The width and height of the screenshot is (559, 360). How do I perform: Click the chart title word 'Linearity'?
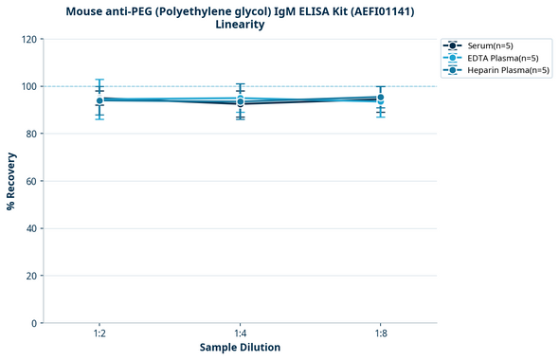(x=240, y=25)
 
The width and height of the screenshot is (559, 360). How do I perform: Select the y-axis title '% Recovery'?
(x=11, y=180)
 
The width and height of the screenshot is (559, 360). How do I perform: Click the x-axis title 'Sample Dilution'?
(x=240, y=348)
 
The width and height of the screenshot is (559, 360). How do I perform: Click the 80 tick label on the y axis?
(x=32, y=134)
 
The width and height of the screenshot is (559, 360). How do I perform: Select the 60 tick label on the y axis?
(x=32, y=181)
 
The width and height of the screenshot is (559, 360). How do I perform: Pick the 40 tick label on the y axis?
(x=32, y=228)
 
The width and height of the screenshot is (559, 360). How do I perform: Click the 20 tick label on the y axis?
(x=32, y=276)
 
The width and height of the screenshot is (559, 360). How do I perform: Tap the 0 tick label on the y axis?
(x=35, y=323)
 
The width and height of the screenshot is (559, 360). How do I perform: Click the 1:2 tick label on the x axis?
(x=99, y=333)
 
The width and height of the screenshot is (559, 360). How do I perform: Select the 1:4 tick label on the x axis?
(x=240, y=333)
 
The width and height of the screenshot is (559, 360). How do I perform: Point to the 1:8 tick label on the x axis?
(x=380, y=333)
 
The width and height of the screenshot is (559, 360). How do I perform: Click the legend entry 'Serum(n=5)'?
(x=490, y=45)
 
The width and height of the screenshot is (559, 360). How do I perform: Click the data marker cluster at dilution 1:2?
(x=99, y=100)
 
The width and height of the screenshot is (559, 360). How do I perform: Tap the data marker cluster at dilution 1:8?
(x=380, y=98)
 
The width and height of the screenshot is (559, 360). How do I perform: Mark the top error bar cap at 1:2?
(x=99, y=80)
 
